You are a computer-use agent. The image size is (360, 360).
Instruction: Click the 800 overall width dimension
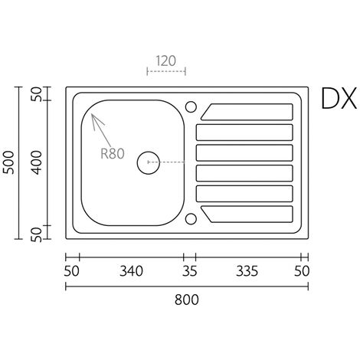(187, 299)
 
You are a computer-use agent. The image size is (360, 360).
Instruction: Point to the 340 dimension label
(131, 271)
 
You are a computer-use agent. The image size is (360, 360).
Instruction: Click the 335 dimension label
(247, 271)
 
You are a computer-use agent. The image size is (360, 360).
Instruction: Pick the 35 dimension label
(190, 271)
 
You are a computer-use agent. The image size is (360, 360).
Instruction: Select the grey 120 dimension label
(166, 61)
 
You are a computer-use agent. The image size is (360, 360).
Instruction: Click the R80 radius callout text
(113, 154)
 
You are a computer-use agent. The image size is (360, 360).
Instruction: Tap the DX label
(339, 99)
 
